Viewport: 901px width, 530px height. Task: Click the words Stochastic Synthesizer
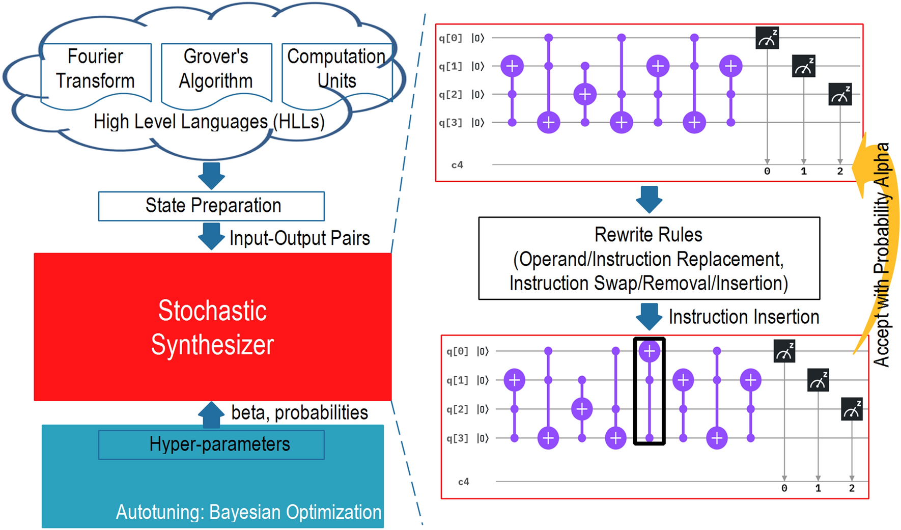(x=212, y=327)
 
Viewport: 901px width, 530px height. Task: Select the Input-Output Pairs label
(x=299, y=238)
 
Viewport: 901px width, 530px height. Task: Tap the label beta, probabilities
(x=299, y=412)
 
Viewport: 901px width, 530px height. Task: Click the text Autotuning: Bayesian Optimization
(x=248, y=512)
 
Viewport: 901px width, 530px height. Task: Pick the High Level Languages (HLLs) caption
(x=209, y=122)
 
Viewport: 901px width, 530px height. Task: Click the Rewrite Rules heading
(x=648, y=235)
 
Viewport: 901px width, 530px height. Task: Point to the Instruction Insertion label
(x=744, y=317)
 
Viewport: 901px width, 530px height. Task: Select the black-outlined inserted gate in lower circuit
(x=649, y=391)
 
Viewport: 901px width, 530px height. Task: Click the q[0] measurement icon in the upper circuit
(x=767, y=39)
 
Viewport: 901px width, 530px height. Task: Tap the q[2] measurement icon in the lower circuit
(x=852, y=409)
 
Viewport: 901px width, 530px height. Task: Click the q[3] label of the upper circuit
(x=450, y=123)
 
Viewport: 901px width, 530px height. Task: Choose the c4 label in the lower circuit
(x=463, y=482)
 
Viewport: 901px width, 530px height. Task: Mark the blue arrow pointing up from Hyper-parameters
(x=211, y=414)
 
